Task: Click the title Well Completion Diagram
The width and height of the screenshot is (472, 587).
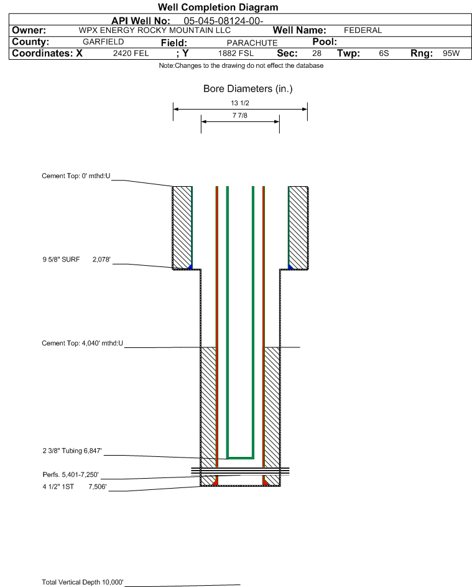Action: (218, 7)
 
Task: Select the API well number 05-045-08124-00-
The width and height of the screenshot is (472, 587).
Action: (223, 21)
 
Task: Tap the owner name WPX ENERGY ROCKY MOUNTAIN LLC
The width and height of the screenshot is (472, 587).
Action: (154, 31)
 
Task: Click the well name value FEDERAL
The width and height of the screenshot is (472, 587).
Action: (363, 31)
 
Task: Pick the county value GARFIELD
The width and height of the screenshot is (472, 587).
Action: (103, 42)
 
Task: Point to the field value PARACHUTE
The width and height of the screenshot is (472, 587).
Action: (252, 43)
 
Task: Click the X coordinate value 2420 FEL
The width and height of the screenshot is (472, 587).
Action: (131, 54)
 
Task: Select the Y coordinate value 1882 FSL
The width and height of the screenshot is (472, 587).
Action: (236, 54)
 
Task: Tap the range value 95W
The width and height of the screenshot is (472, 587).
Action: (451, 54)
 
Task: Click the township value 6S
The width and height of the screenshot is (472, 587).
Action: (384, 54)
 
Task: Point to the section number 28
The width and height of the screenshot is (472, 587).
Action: (317, 54)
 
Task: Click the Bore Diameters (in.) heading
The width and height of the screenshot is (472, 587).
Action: (248, 89)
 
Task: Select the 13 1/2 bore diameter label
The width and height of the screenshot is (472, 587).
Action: (240, 103)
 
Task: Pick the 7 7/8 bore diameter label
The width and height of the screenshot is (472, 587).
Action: (240, 115)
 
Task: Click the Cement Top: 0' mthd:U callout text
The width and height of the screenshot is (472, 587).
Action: (76, 176)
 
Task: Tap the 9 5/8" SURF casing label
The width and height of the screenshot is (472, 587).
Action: (61, 260)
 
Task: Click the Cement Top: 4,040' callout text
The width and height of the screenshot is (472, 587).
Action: (82, 343)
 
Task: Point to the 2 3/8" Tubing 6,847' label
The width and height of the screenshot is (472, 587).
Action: (72, 451)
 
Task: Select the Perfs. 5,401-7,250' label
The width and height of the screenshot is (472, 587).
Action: (71, 475)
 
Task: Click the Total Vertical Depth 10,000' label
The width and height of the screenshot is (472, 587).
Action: (83, 582)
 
